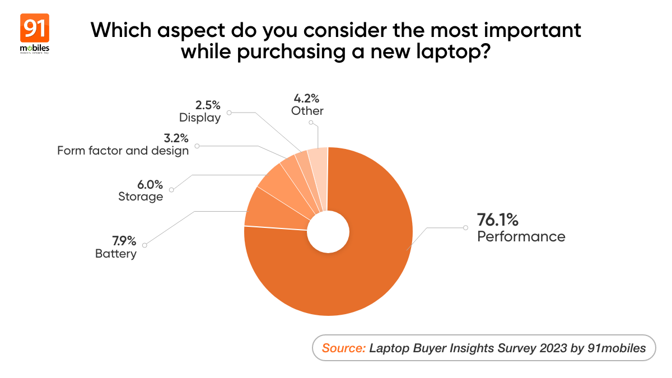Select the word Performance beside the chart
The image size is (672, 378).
[x=521, y=236]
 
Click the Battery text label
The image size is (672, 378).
[x=116, y=254]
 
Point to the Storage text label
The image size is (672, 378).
[x=141, y=197]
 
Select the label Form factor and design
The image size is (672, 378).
[x=123, y=151]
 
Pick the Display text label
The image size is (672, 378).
[x=200, y=118]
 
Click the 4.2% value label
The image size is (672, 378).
[x=307, y=98]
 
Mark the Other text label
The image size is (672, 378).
[x=307, y=111]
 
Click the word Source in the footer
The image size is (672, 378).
[x=344, y=348]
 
